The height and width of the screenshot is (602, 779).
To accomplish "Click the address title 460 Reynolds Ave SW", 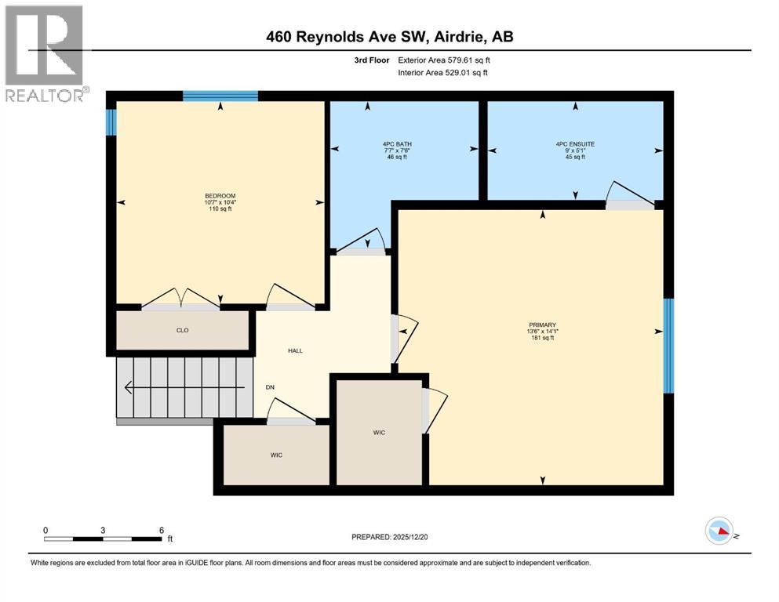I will click(389, 36).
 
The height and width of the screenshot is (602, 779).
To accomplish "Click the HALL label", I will click(294, 350).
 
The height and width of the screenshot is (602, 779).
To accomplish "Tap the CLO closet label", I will click(182, 331).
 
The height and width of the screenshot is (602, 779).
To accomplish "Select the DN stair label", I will click(270, 386).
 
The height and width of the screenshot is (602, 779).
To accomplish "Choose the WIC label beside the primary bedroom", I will click(379, 433).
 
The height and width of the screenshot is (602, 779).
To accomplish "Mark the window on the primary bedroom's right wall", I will click(668, 345).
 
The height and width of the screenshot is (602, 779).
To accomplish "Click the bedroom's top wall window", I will click(220, 96).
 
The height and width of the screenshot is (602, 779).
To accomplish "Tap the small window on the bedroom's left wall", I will click(111, 121).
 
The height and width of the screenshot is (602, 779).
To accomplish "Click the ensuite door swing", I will click(630, 194).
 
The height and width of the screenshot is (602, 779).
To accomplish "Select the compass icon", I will click(719, 531).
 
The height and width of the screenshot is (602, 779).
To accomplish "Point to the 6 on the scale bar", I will click(161, 530).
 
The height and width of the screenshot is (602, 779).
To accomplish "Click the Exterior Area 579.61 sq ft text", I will click(447, 60).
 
